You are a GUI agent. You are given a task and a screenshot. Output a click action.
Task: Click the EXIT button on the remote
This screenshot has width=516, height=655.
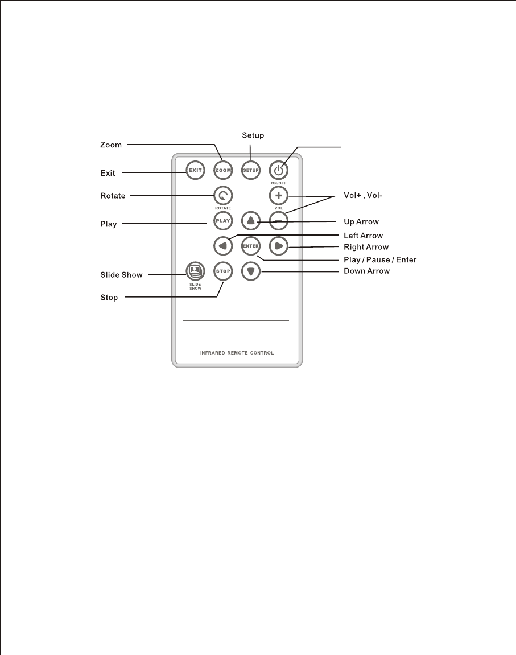click(195, 170)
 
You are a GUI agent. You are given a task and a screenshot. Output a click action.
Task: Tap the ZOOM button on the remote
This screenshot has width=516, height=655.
click(223, 170)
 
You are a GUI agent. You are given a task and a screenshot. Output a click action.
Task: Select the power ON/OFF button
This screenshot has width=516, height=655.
click(278, 170)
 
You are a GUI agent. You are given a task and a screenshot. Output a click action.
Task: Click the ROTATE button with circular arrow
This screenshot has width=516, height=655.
click(223, 196)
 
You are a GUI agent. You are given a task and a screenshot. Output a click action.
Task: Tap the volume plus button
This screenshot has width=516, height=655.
click(278, 196)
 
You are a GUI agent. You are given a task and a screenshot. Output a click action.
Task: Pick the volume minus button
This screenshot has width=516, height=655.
click(278, 220)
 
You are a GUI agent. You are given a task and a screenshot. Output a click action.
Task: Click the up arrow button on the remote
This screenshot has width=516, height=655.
click(251, 220)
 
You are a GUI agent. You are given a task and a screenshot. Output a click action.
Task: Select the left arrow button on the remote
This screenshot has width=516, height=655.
click(223, 246)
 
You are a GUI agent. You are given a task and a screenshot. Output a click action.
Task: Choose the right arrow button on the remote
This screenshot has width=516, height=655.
click(278, 246)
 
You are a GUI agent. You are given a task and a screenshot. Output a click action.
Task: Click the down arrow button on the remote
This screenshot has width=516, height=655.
click(251, 272)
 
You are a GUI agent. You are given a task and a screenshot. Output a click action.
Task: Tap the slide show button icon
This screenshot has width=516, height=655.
click(195, 270)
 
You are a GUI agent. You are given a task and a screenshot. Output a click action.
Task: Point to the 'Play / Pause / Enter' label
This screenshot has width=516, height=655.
click(380, 260)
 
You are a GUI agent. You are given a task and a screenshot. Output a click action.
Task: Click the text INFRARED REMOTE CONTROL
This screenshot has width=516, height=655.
click(237, 353)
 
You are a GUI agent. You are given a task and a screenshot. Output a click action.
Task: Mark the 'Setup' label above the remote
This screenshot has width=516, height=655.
click(253, 135)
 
